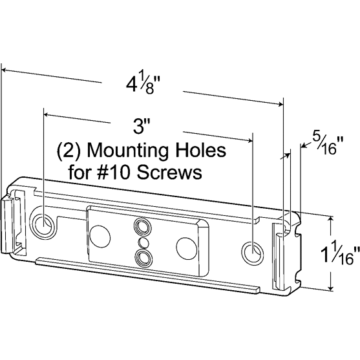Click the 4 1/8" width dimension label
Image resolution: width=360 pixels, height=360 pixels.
143,84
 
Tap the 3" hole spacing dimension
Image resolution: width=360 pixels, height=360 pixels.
142,126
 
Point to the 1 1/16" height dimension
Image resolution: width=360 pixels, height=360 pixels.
341,252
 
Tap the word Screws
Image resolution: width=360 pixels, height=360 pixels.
170,172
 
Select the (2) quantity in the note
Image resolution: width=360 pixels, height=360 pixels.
69,151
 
